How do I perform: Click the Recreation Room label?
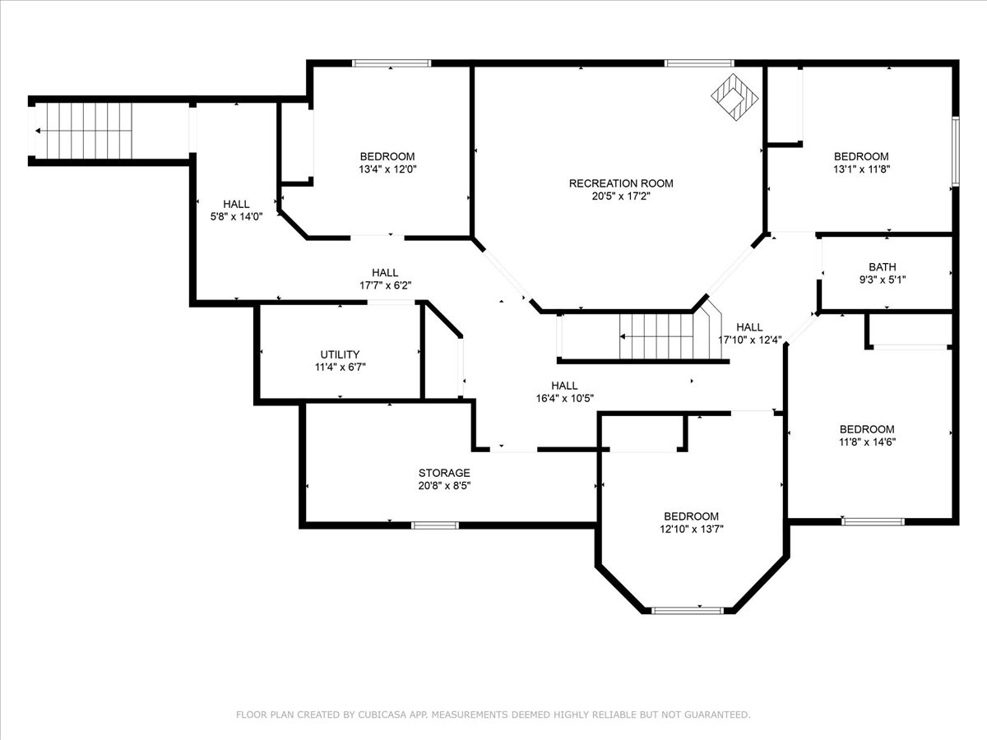[x=621, y=183]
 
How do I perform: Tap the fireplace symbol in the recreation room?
[x=734, y=97]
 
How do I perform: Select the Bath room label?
[x=883, y=267]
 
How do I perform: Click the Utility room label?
[x=340, y=354]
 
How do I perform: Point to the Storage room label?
[x=444, y=473]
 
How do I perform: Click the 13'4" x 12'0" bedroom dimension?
[x=387, y=169]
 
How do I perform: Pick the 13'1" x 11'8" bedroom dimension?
[x=861, y=169]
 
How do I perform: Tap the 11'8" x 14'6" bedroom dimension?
[x=867, y=442]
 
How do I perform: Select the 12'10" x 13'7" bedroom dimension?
[x=691, y=530]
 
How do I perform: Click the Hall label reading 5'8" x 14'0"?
[x=236, y=210]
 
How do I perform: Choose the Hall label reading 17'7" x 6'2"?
[x=386, y=279]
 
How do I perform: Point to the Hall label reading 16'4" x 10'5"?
[x=565, y=392]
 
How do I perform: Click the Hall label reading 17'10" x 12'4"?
[x=749, y=333]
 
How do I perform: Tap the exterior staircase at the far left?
[x=84, y=131]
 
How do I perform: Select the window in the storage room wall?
[x=435, y=525]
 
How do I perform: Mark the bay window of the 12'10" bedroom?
[x=688, y=611]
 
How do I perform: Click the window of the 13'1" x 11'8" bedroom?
[x=956, y=151]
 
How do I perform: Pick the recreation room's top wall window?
[x=699, y=63]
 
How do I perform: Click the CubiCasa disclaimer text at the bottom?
[x=493, y=714]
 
